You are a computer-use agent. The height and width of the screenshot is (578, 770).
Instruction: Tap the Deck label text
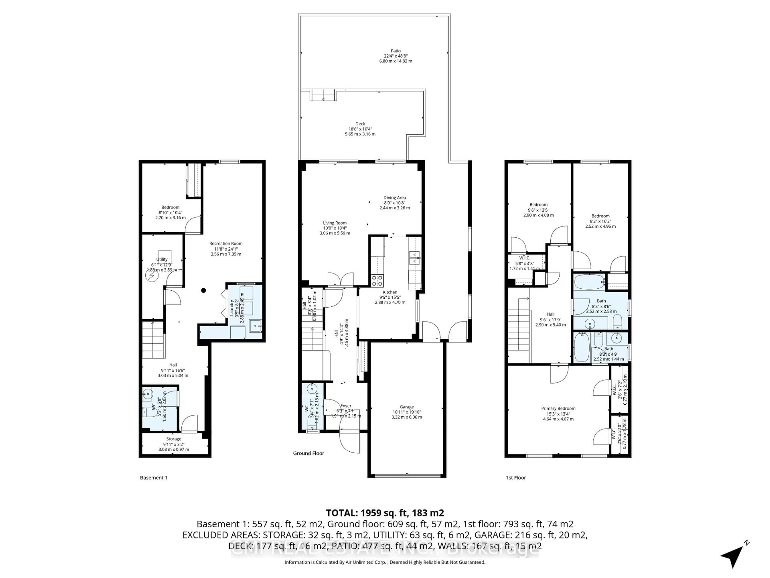(360, 124)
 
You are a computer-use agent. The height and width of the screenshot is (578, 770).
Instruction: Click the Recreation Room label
(226, 243)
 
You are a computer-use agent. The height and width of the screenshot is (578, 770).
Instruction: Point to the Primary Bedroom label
(558, 408)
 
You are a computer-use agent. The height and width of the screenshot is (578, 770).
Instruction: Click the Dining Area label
(394, 197)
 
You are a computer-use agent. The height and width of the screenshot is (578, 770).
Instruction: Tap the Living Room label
(334, 223)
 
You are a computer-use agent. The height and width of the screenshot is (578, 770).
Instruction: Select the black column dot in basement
(204, 290)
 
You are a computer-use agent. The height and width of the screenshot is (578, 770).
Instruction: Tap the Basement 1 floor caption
(154, 478)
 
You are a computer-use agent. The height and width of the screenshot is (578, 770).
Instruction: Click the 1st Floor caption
(516, 478)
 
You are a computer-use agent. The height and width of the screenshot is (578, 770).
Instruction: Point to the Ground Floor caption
(308, 453)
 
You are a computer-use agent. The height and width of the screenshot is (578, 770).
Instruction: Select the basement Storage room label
(173, 439)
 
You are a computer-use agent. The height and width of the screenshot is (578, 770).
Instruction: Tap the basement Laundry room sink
(256, 326)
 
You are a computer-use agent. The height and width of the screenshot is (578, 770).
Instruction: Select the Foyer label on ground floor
(346, 406)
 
